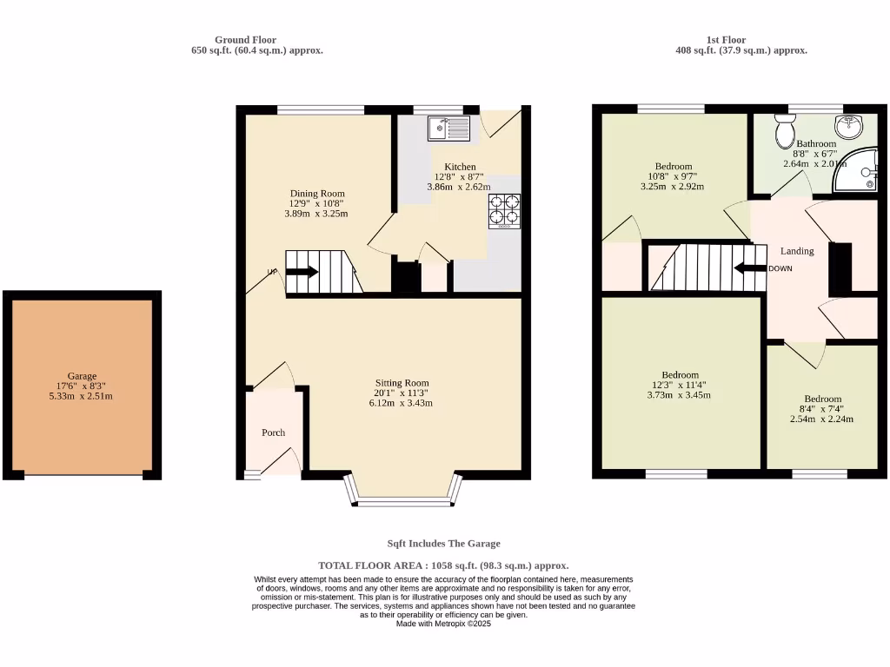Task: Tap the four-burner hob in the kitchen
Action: tap(505, 209)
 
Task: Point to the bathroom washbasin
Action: tap(849, 125)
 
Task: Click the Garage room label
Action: tap(83, 376)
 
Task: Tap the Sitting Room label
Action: tap(402, 383)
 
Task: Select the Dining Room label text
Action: tap(316, 194)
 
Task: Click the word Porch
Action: tap(273, 433)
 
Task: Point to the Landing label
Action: tap(797, 251)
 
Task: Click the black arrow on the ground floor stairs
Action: tap(302, 272)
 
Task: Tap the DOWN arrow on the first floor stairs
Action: tap(749, 268)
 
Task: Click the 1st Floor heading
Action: tap(726, 40)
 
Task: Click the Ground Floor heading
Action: tap(245, 40)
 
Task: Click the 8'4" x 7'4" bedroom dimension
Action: tap(821, 409)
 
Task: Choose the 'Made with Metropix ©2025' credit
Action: tap(443, 624)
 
